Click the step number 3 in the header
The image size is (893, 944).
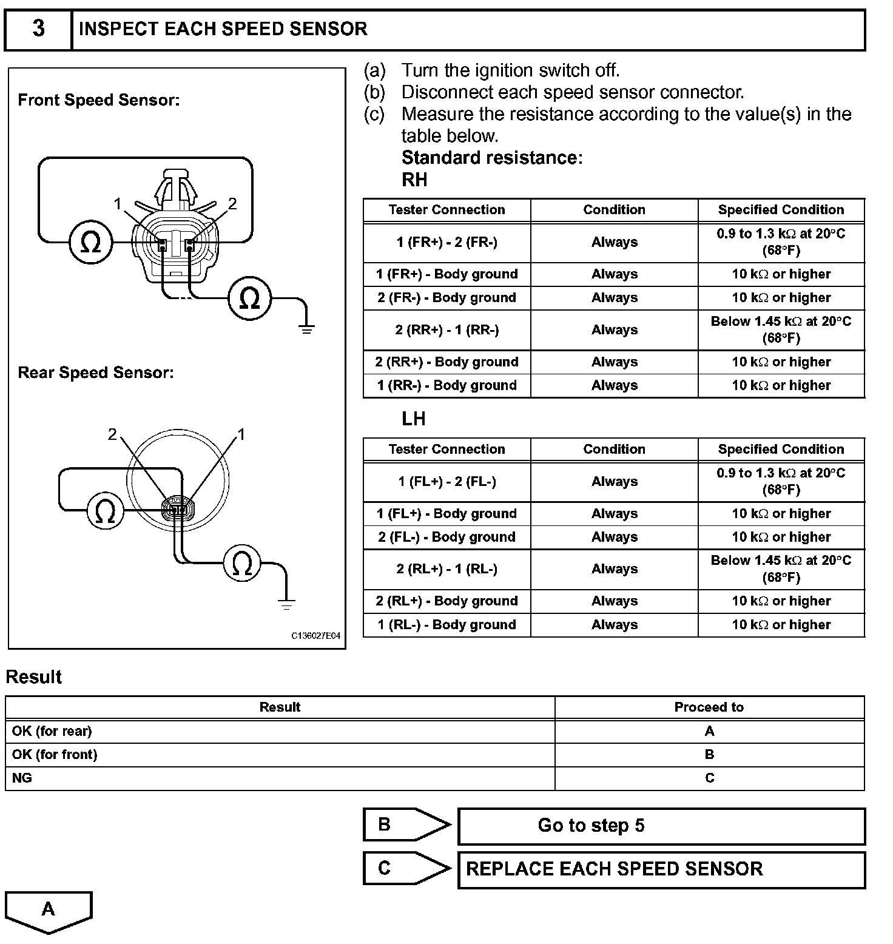tap(38, 29)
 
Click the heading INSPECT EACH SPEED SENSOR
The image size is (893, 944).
tap(223, 29)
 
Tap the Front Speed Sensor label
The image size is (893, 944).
tap(98, 100)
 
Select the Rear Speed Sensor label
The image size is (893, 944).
tap(95, 373)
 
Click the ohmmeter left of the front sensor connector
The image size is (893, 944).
tap(90, 243)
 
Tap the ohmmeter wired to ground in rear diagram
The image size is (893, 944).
tap(242, 564)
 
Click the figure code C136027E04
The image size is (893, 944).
tap(315, 636)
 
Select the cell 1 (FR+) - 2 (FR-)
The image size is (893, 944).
tap(447, 242)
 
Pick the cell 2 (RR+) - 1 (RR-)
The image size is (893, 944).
tap(447, 330)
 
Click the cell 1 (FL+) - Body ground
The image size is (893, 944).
tap(447, 513)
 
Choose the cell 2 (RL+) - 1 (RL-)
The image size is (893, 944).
tap(447, 569)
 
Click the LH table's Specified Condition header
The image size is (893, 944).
tap(781, 449)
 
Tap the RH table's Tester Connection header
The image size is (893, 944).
tap(447, 210)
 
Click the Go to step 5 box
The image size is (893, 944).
tap(661, 826)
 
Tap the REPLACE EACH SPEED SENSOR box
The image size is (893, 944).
tap(661, 869)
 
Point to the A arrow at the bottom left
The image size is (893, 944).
tap(49, 910)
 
